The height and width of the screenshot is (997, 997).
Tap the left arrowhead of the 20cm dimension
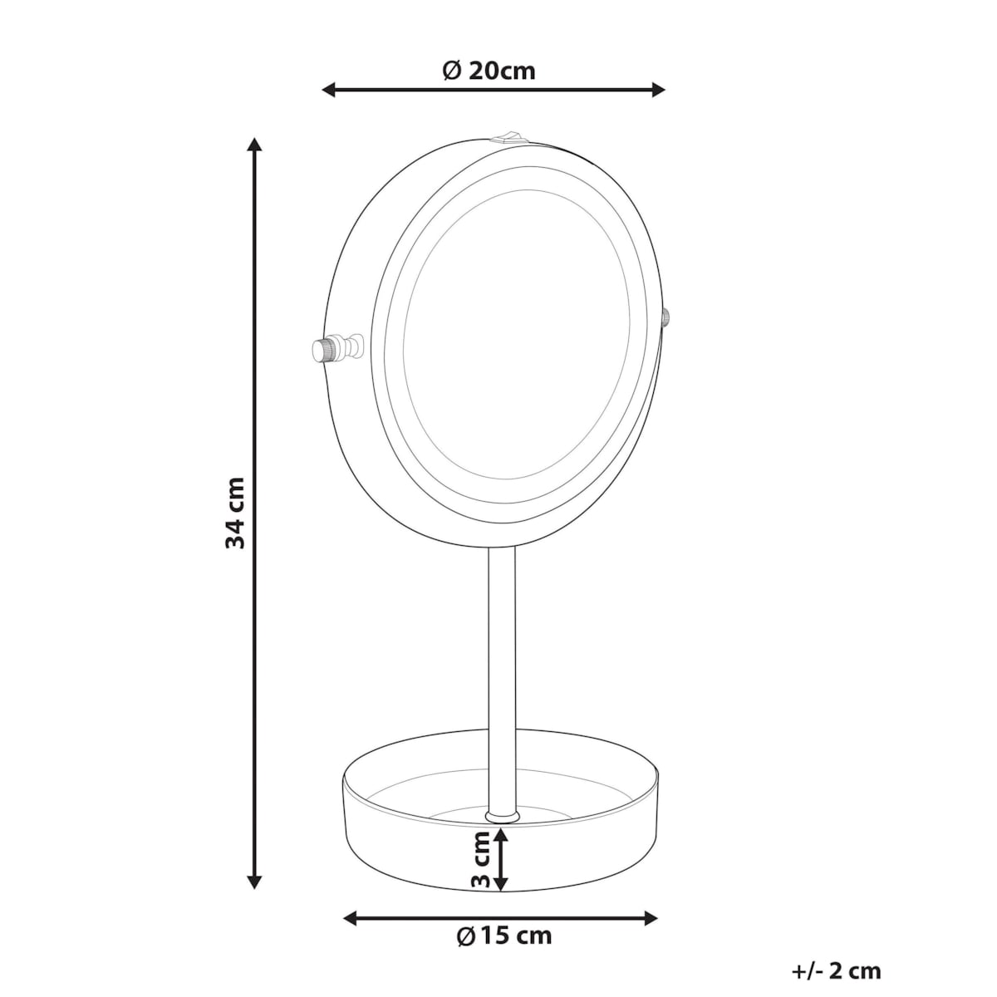click(328, 90)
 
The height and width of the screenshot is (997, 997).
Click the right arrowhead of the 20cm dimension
click(659, 90)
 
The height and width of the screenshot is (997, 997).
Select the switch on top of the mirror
click(508, 135)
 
